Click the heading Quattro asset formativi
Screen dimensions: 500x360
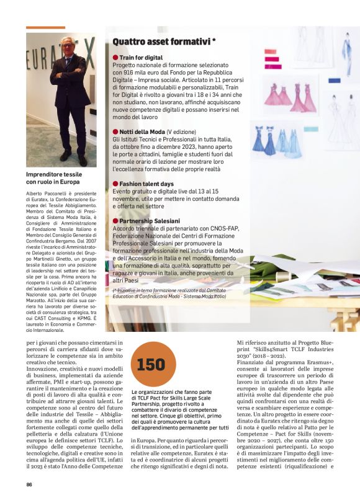pos(164,42)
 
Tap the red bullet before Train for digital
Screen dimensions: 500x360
pos(115,57)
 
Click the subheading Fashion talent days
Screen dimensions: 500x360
pos(146,184)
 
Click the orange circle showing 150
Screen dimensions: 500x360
pos(150,365)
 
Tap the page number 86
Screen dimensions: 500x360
pos(29,484)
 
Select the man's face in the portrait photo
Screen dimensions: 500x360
pos(67,47)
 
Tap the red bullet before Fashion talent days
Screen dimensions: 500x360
pos(115,184)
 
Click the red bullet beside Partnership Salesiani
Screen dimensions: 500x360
pos(115,221)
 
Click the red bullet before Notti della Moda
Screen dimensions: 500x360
pos(115,132)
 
